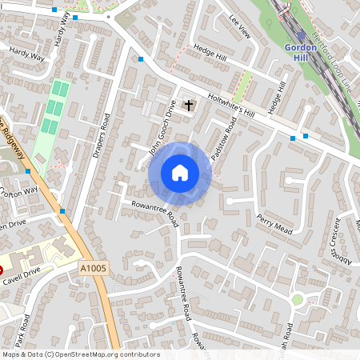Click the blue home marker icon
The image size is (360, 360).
click(180, 173)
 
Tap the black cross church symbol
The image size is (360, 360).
click(190, 105)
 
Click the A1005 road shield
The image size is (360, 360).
click(93, 266)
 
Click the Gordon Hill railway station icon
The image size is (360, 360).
click(300, 36)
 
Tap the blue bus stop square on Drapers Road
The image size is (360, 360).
click(140, 58)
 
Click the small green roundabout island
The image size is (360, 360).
click(298, 299)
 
